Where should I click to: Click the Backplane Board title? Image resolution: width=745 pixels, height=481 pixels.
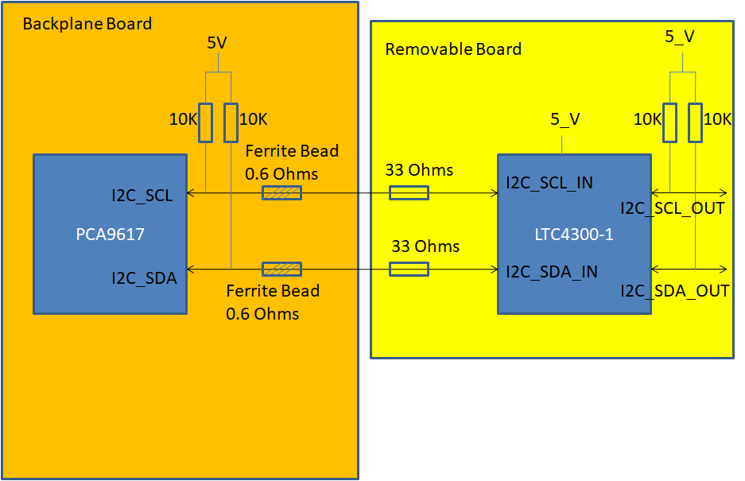click(87, 23)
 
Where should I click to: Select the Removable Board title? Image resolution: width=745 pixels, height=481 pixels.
click(453, 49)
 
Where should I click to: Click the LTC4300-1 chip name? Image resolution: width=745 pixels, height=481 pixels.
click(575, 235)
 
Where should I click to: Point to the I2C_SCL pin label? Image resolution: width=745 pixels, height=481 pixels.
click(142, 196)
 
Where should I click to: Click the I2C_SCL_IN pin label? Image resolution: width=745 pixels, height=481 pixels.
click(549, 184)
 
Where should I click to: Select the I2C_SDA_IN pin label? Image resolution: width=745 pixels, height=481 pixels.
click(552, 271)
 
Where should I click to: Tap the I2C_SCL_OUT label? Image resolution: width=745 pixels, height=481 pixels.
click(673, 208)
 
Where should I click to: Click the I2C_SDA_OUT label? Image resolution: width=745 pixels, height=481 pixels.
click(675, 291)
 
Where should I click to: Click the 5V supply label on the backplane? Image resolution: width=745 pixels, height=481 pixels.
click(217, 43)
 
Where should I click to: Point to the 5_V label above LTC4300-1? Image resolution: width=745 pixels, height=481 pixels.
click(565, 119)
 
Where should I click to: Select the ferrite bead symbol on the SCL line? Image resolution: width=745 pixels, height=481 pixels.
click(282, 192)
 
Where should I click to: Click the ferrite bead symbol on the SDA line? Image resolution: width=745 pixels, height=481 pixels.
click(282, 269)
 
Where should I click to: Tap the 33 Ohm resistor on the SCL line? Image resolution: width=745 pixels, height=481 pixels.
click(409, 192)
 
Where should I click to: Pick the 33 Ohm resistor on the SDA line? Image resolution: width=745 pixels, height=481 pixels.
click(409, 269)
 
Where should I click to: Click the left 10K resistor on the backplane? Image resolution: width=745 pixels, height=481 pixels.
click(205, 122)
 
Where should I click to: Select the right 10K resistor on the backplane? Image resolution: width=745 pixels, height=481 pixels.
click(231, 122)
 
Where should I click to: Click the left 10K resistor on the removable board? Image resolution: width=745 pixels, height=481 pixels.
click(669, 122)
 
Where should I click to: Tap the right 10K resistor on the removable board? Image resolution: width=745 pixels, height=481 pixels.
click(695, 122)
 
